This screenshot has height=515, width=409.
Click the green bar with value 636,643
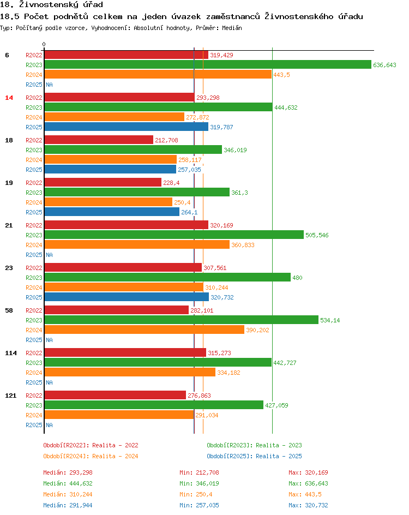(x=207, y=65)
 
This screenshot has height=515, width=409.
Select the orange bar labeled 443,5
(x=158, y=75)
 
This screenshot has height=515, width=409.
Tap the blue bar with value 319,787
(x=126, y=127)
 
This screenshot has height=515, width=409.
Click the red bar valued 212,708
(x=99, y=140)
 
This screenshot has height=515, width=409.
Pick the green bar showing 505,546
(x=173, y=235)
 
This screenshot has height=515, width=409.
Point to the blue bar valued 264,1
(x=112, y=212)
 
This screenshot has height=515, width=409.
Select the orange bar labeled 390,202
(x=144, y=330)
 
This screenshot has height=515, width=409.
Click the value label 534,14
(x=330, y=320)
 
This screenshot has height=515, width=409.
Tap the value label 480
(x=297, y=278)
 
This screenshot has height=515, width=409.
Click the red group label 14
(x=9, y=98)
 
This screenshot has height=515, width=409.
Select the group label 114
(x=11, y=353)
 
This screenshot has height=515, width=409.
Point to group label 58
(x=9, y=310)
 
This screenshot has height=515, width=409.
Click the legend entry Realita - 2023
(x=254, y=445)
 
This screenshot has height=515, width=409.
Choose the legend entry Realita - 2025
(x=254, y=456)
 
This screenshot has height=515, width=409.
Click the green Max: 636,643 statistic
(x=308, y=483)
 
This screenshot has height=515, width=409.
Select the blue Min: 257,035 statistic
(x=199, y=505)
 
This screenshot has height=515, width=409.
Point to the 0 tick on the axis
(x=44, y=44)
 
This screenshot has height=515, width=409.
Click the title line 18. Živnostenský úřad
(x=52, y=5)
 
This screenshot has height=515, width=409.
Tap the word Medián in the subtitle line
(x=231, y=28)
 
